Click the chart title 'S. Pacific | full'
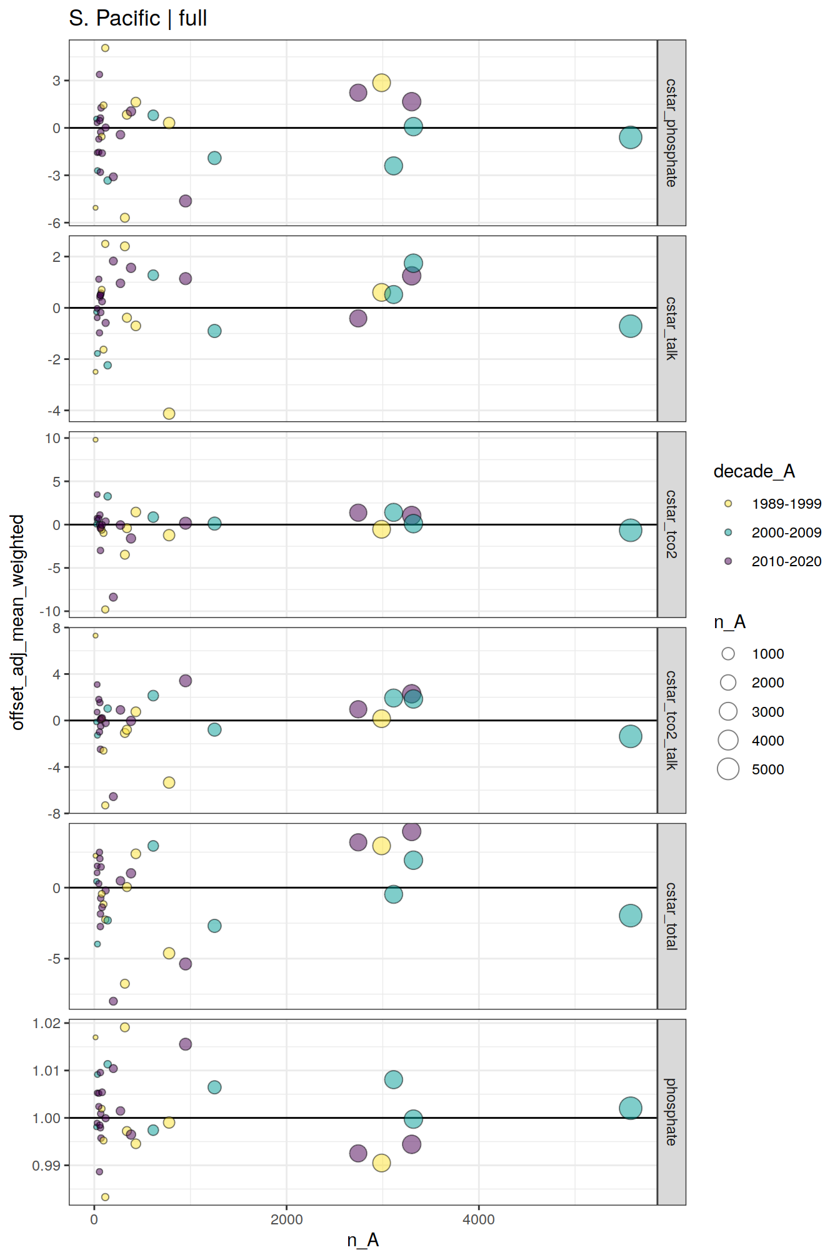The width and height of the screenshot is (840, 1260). pos(137,19)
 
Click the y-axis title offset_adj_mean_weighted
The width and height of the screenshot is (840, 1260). pos(17,622)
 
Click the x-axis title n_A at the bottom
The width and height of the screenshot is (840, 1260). pos(362,1239)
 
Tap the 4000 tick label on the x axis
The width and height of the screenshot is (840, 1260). pos(478,1219)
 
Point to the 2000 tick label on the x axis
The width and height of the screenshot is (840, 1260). pos(286,1219)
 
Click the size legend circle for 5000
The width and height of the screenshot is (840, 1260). pos(728,769)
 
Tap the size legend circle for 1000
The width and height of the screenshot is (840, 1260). pos(728,654)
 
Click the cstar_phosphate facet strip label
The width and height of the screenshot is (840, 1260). pos(671,132)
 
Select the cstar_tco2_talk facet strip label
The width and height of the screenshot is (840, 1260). pos(671,720)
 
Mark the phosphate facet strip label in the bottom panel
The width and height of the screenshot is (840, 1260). pos(671,1111)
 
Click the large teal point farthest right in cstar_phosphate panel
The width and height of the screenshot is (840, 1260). pos(630,137)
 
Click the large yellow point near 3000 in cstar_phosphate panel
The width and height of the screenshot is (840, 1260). pos(381,82)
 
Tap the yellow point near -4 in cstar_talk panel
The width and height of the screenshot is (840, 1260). pos(169,413)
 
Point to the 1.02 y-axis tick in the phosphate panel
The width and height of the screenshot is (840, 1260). pos(46,1023)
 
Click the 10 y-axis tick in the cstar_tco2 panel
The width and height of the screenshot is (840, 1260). pos(52,438)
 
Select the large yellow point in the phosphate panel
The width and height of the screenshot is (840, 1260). pos(381,1162)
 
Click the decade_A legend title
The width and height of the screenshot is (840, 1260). pos(754,471)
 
